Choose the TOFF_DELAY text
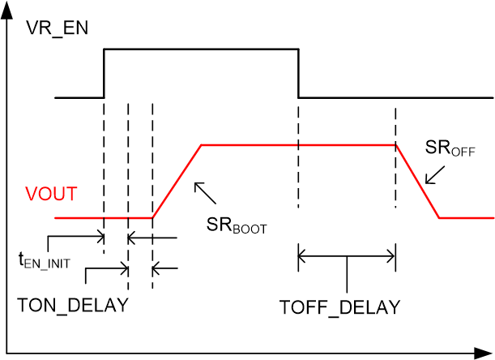click(339, 307)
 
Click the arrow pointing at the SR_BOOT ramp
click(205, 193)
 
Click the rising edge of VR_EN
click(104, 74)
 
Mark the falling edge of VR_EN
click(298, 74)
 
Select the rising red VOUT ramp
click(177, 182)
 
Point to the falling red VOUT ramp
click(417, 182)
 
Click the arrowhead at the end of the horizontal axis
click(484, 352)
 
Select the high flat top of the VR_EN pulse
click(201, 49)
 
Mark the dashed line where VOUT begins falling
click(395, 122)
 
